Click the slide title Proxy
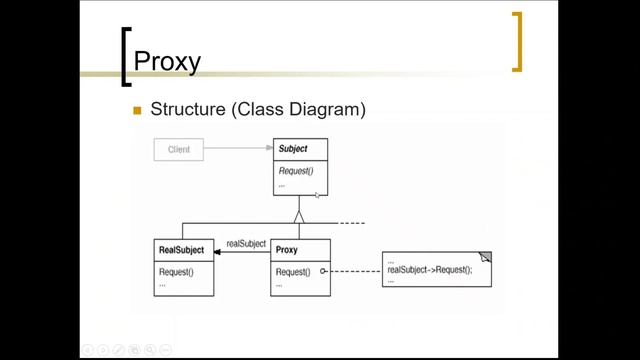167,62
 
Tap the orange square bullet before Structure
138,110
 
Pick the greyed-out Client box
179,150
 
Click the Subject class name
293,149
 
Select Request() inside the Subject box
296,171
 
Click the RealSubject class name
182,250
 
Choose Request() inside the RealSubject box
176,272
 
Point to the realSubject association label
246,242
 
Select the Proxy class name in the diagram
287,250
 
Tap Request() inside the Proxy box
293,272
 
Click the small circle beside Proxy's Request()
324,272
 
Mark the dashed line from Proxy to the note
354,272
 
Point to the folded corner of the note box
485,257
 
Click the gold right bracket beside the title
516,42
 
